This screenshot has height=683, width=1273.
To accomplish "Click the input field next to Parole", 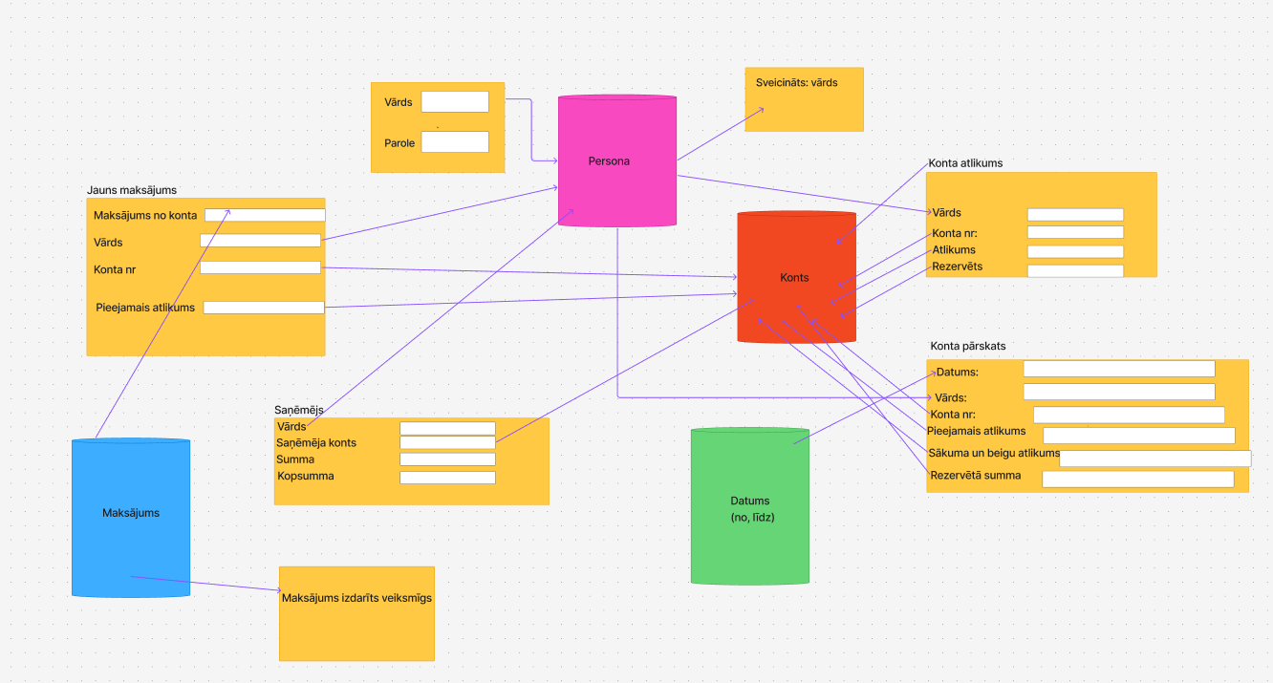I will tap(455, 142).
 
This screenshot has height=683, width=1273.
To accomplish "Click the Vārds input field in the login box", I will tap(455, 102).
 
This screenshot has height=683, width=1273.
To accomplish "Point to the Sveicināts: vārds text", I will tap(796, 83).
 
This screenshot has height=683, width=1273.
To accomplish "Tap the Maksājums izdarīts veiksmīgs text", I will tap(356, 598).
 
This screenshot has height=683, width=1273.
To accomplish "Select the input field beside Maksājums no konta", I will tap(265, 215).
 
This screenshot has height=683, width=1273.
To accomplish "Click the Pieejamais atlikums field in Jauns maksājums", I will tap(264, 308).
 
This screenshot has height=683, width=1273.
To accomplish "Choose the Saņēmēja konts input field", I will tap(447, 442).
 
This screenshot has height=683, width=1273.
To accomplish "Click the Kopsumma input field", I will tap(447, 477).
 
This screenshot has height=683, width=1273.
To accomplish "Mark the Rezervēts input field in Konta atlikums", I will tap(1075, 270).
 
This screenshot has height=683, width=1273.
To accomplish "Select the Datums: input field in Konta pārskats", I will tap(1118, 369).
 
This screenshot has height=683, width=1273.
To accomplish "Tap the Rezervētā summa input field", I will tap(1137, 480).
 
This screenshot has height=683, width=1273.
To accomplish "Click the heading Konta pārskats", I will tap(968, 346).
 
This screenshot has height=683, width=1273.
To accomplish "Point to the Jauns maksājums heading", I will tap(132, 190).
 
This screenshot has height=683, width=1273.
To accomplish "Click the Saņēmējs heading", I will tap(299, 410).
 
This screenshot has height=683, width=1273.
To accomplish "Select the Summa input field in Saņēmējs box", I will tap(447, 459).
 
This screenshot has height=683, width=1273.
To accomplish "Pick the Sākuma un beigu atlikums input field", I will tap(1154, 459).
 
